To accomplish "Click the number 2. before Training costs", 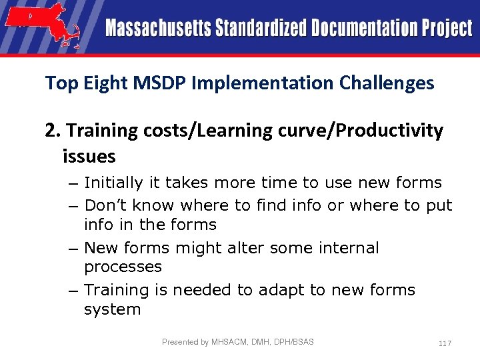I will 53,131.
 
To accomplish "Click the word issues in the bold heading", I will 89,157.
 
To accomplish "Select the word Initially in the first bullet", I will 112,183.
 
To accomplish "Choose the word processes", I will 123,267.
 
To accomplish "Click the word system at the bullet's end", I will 112,309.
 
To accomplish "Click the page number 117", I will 445,343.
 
